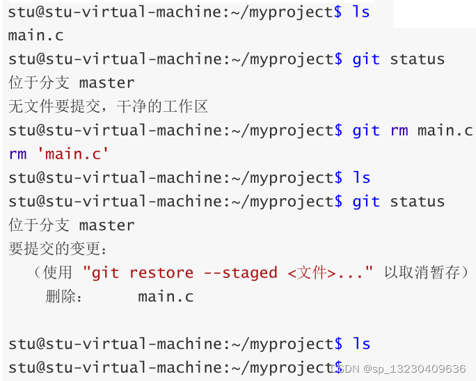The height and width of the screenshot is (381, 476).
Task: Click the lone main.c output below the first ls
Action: click(36, 35)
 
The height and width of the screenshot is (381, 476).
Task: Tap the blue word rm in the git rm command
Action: click(399, 130)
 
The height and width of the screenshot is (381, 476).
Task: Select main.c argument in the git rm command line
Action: click(445, 130)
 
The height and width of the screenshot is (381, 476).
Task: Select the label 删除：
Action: click(65, 297)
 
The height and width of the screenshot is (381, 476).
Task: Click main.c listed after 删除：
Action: click(166, 297)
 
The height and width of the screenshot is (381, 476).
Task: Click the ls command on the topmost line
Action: click(361, 12)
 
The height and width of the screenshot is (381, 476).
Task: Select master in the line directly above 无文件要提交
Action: click(106, 83)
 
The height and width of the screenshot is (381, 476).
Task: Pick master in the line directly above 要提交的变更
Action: click(106, 225)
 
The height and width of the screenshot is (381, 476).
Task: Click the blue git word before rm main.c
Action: click(366, 130)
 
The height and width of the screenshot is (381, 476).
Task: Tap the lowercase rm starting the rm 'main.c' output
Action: click(17, 154)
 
